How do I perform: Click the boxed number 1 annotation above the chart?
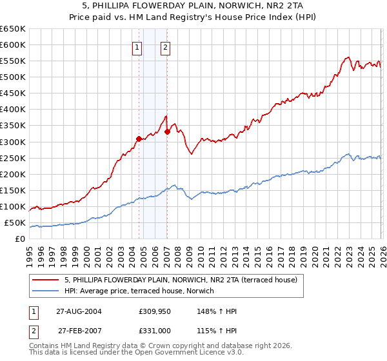click(138, 46)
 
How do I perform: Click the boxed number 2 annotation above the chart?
click(166, 46)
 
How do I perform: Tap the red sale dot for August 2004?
click(139, 138)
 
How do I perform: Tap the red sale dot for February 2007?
click(167, 132)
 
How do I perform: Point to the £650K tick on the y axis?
click(14, 29)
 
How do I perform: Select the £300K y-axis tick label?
click(14, 142)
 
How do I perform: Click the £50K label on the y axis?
click(15, 223)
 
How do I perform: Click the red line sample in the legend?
click(46, 280)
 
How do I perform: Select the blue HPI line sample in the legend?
click(46, 291)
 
